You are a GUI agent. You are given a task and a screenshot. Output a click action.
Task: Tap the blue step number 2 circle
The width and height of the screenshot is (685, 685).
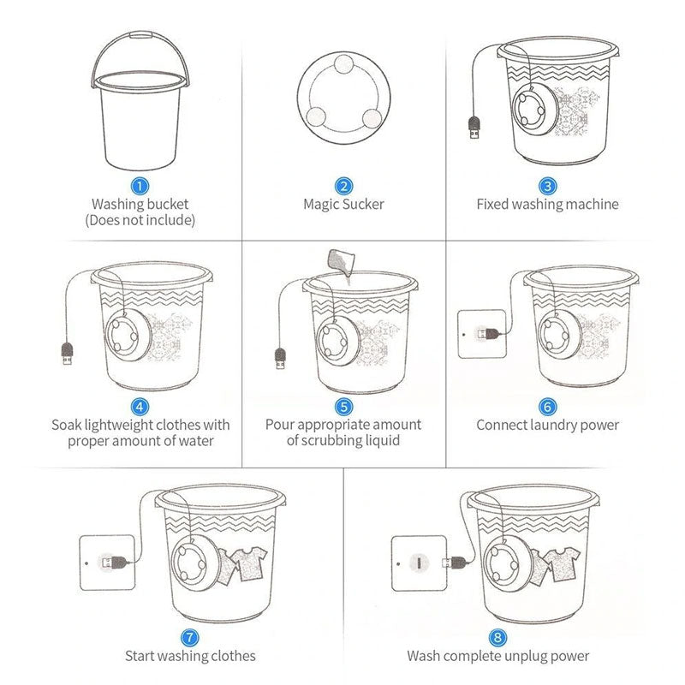[x=343, y=185]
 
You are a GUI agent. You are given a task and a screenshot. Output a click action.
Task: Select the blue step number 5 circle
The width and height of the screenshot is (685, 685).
[x=343, y=406]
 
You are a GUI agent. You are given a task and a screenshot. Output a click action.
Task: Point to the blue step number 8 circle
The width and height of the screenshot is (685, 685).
[x=497, y=637]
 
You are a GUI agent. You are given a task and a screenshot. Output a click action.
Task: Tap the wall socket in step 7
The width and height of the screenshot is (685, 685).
[x=107, y=562]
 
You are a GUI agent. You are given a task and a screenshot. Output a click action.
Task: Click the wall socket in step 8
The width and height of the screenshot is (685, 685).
[x=420, y=562]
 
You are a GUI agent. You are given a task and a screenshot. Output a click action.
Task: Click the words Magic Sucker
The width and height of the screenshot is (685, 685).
[x=343, y=205]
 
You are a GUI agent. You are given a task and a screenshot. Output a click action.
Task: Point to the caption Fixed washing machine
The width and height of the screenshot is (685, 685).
[x=547, y=205]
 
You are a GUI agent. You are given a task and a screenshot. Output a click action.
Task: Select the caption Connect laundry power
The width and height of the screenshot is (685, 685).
[x=547, y=425]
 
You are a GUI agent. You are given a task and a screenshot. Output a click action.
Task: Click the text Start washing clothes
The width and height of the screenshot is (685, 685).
[x=190, y=656]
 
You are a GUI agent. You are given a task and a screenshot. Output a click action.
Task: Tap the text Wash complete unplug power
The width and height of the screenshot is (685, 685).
[x=497, y=656]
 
